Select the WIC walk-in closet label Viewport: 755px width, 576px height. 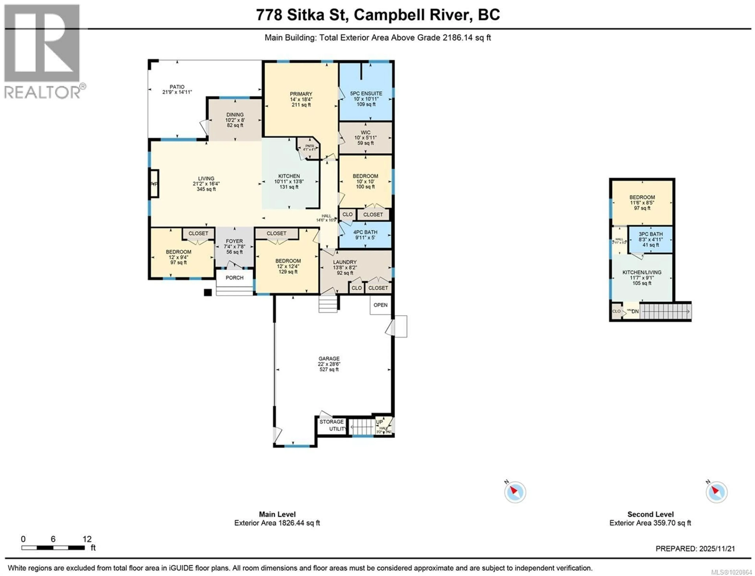tap(365, 133)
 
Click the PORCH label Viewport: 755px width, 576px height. tap(234, 278)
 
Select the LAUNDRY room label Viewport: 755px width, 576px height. tap(345, 262)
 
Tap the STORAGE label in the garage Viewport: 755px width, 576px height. tap(331, 422)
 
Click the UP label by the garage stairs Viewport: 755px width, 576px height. tap(379, 422)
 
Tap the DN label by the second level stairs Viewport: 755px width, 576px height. tap(635, 311)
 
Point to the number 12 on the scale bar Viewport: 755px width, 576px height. tap(87, 539)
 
